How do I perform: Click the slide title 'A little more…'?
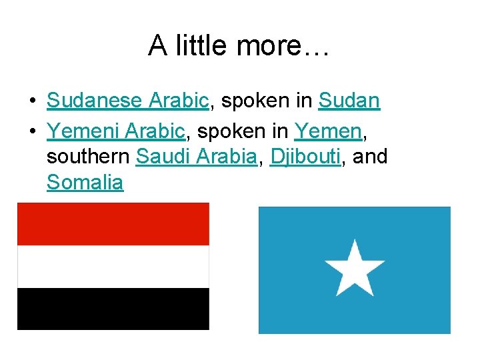(x=239, y=45)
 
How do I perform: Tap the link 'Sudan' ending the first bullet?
(x=349, y=101)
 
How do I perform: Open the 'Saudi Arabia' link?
(x=196, y=157)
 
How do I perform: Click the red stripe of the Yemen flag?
(x=113, y=224)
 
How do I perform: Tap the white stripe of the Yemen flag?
(x=113, y=266)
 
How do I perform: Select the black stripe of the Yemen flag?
(x=113, y=308)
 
